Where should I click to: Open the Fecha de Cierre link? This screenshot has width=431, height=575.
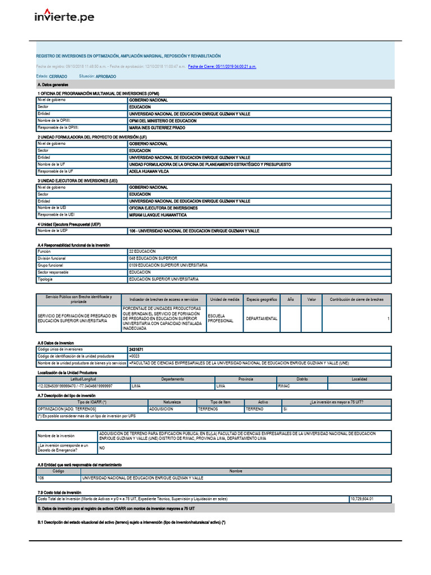222,66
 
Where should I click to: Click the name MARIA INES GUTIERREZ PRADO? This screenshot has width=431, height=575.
157,127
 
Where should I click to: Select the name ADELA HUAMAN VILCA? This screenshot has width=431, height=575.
149,171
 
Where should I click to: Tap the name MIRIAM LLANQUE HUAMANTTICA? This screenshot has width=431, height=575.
158,215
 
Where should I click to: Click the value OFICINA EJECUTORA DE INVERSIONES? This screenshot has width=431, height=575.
163,208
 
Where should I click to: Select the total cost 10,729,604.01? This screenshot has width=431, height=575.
361,499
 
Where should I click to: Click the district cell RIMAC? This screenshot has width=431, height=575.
285,386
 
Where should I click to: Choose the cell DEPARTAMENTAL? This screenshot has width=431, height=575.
262,318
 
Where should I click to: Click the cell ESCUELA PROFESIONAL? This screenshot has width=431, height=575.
221,318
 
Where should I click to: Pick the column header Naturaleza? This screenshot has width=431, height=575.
172,402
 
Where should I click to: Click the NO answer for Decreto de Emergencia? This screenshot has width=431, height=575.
102,448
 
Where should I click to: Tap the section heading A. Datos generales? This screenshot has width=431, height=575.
53,84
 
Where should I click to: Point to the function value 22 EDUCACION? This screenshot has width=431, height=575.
143,251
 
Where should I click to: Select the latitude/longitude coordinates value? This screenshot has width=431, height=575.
75,386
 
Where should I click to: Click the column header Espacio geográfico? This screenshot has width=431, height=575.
262,300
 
